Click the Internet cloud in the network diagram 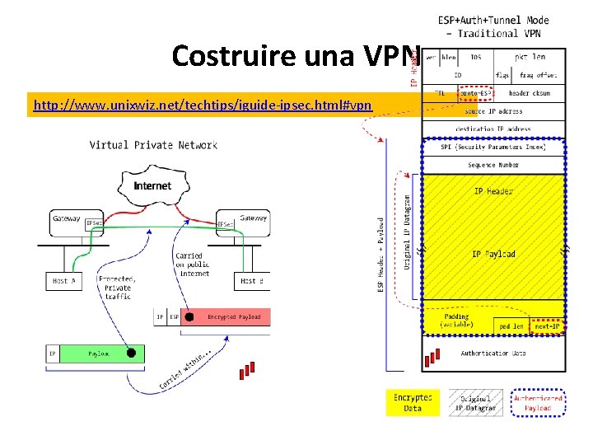coord(152,187)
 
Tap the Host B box coord(251,282)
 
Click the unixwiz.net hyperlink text coord(203,105)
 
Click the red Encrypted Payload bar coord(233,316)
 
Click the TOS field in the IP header coord(476,59)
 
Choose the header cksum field coord(530,93)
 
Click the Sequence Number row coord(493,165)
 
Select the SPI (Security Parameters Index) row coord(493,147)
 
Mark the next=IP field coord(546,326)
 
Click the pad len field coord(511,326)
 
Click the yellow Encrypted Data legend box coord(413,402)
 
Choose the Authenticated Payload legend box coord(538,402)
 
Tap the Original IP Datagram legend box coord(475,402)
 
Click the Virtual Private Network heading coord(153,145)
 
